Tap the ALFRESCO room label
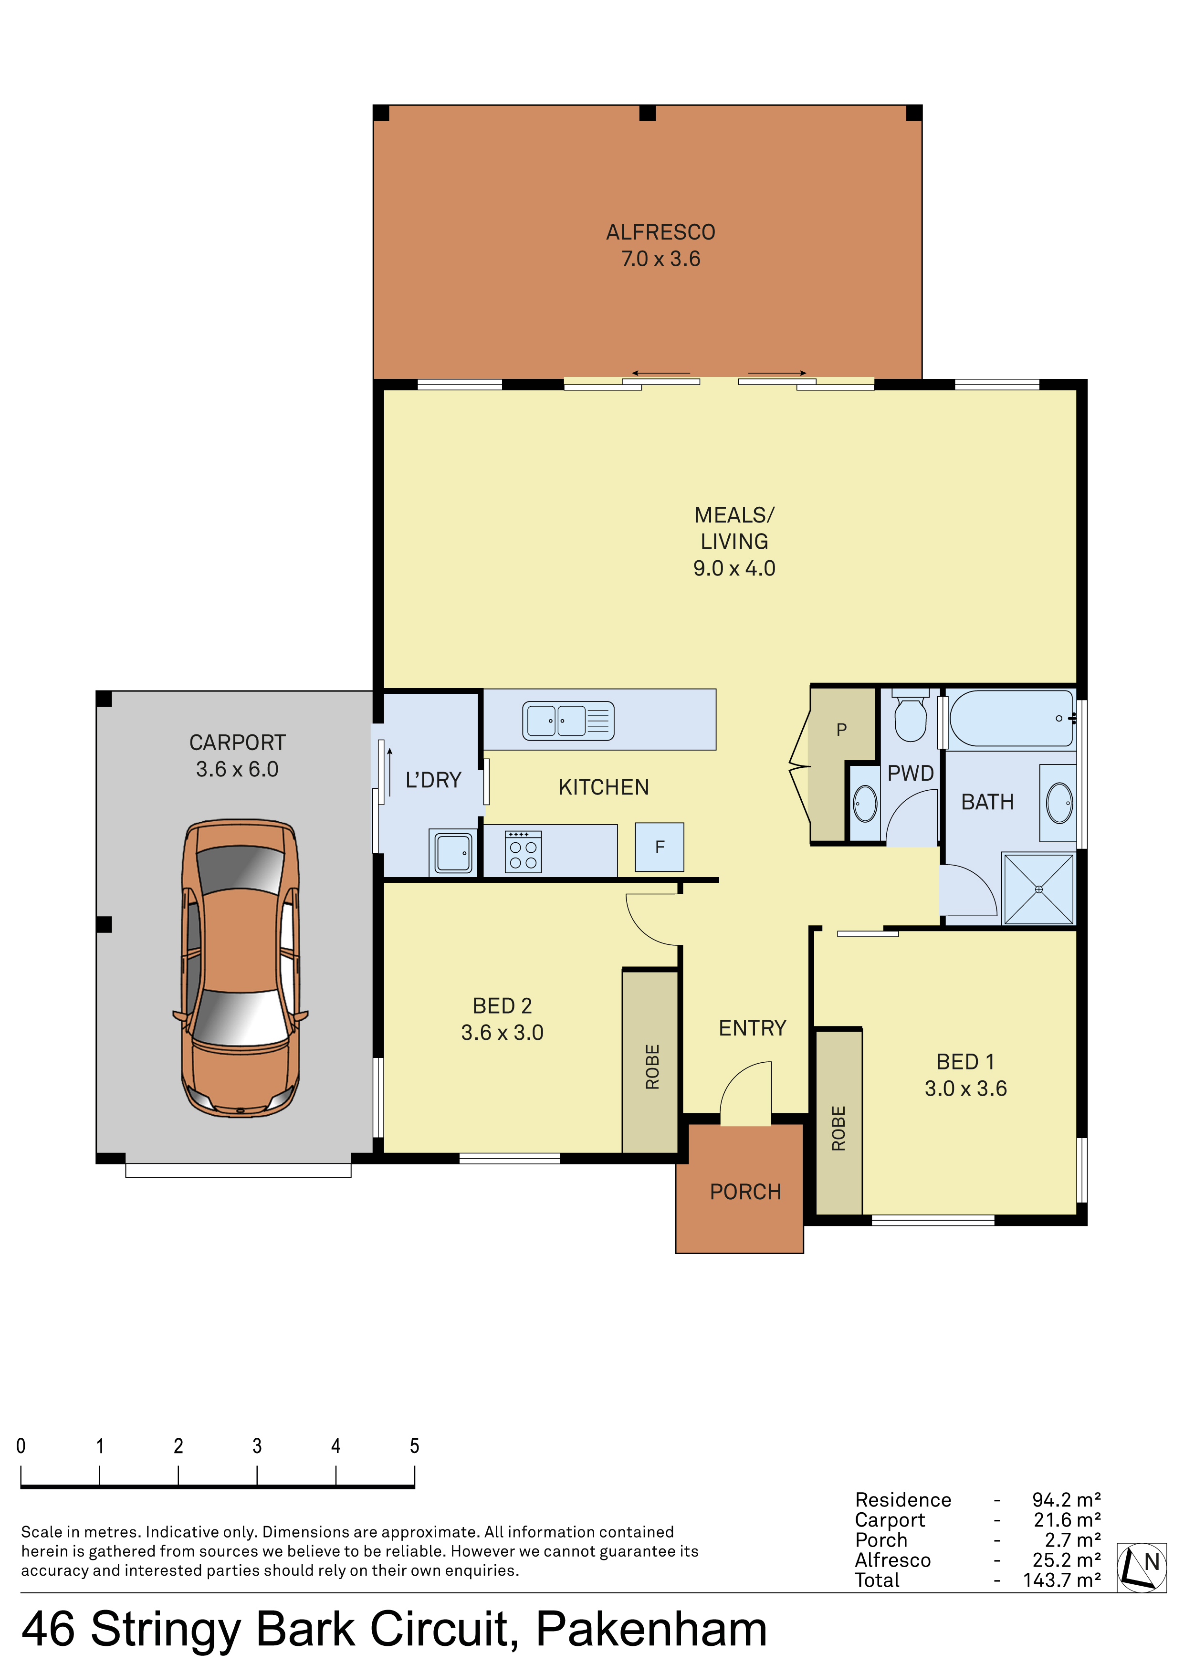pyautogui.click(x=660, y=232)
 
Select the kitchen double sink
pyautogui.click(x=568, y=721)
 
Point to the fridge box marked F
pyautogui.click(x=659, y=847)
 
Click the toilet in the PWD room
pyautogui.click(x=910, y=715)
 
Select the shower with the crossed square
pyautogui.click(x=1038, y=889)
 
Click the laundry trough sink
pyautogui.click(x=453, y=852)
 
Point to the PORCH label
pyautogui.click(x=745, y=1192)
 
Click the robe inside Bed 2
pyautogui.click(x=651, y=1062)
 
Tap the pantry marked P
pyautogui.click(x=842, y=765)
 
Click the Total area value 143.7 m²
pyautogui.click(x=1061, y=1580)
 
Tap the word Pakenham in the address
pyautogui.click(x=651, y=1628)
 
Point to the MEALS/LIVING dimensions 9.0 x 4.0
pyautogui.click(x=733, y=568)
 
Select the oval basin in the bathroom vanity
pyautogui.click(x=1059, y=803)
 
